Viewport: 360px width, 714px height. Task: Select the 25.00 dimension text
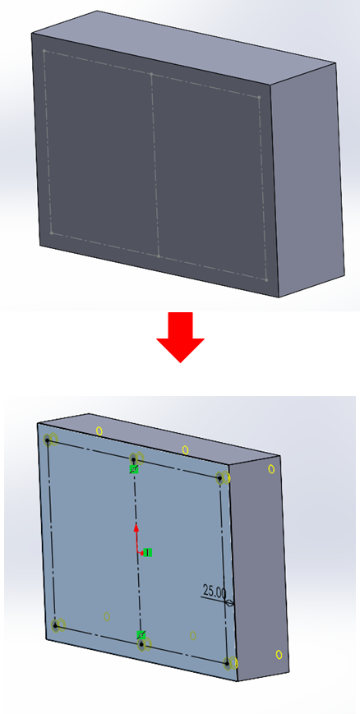pos(215,592)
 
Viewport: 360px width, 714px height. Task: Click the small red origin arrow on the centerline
pos(136,539)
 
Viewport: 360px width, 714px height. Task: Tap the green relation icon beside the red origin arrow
pos(147,552)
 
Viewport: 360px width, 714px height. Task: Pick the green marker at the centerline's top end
pos(133,469)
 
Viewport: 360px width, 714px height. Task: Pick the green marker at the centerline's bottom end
pos(141,635)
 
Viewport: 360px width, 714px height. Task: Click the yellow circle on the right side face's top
pos(271,468)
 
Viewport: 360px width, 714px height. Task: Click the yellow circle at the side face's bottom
pos(279,654)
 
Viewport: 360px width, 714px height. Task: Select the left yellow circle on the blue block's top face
pos(99,431)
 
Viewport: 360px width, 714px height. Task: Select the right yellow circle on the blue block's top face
pos(186,450)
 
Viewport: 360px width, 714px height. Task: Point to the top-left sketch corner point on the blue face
pos(48,440)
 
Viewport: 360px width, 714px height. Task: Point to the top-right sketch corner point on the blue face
pos(219,478)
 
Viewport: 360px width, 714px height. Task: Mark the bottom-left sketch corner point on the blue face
pos(55,625)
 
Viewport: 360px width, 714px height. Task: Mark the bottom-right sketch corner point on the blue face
pos(228,663)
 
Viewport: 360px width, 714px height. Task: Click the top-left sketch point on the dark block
pos(44,51)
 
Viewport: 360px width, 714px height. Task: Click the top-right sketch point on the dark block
pos(259,97)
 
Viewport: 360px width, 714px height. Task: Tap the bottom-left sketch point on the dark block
pos(52,233)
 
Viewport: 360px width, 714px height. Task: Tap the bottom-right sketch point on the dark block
pos(266,280)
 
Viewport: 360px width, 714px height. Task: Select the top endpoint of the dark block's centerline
pos(151,74)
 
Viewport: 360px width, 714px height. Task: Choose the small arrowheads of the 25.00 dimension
pos(229,603)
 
